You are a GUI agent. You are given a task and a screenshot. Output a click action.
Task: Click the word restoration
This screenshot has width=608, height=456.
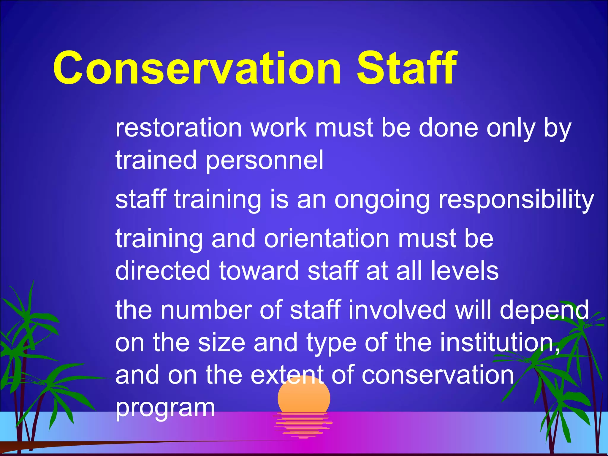click(x=178, y=128)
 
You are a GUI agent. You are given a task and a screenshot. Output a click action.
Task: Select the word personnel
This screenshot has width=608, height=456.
click(x=265, y=161)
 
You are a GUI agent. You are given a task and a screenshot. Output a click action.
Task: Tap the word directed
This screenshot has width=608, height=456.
click(x=163, y=270)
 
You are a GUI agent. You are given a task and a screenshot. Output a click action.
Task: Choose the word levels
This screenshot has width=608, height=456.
click(x=464, y=270)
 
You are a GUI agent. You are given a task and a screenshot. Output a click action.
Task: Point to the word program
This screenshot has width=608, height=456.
click(x=165, y=408)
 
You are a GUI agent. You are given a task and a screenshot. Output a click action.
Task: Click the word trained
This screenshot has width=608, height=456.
click(x=156, y=161)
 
